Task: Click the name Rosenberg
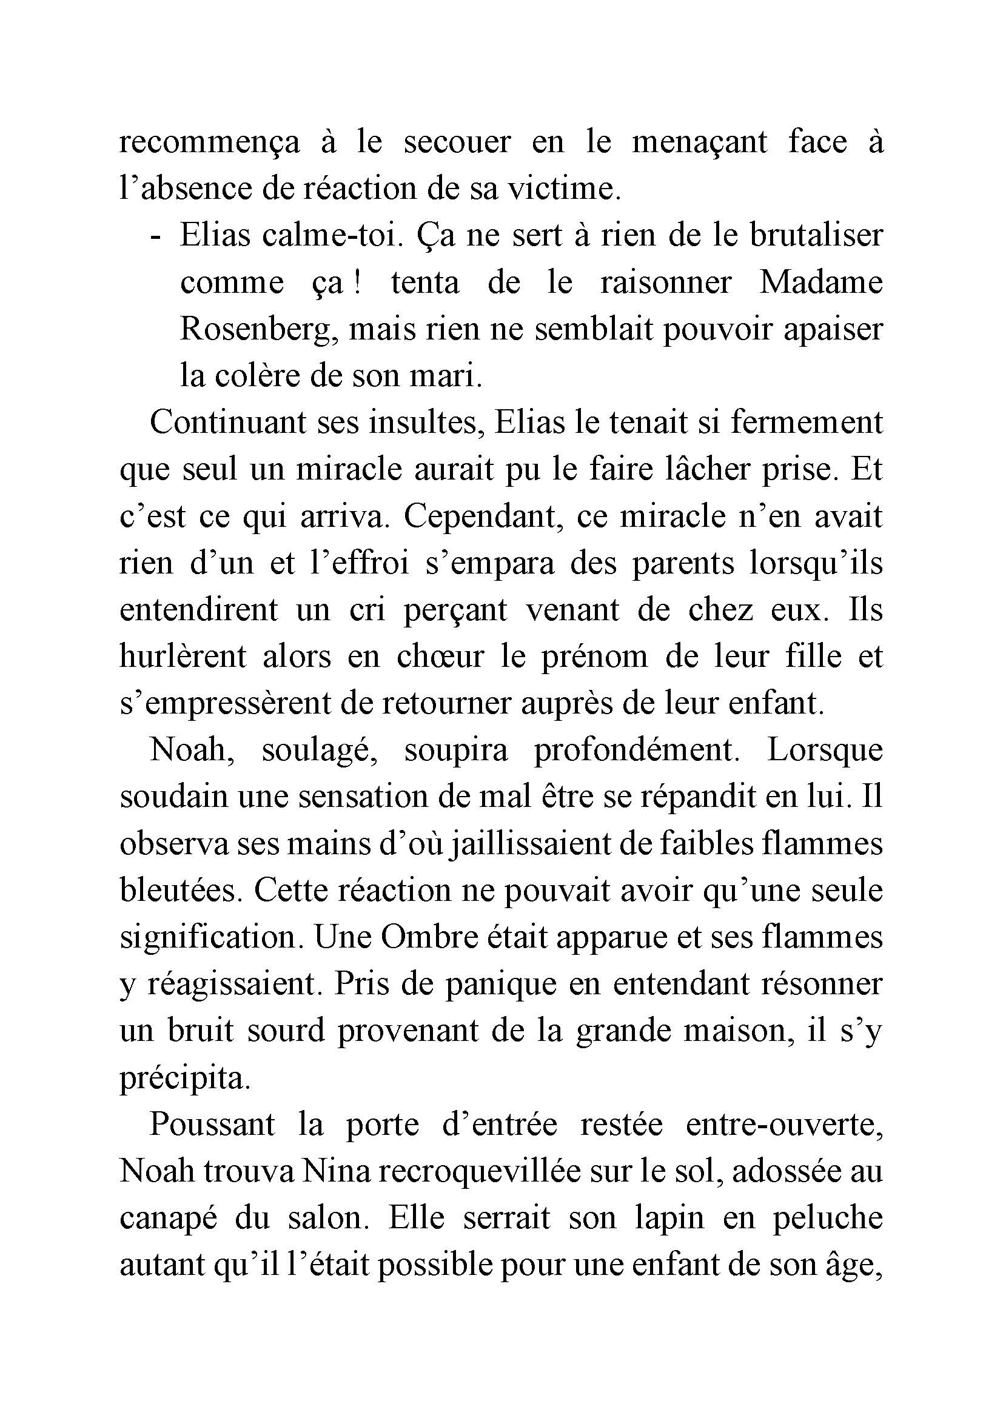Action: pos(260,330)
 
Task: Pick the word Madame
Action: pos(821,284)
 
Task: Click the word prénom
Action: pos(594,657)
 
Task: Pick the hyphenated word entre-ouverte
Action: pos(783,1125)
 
